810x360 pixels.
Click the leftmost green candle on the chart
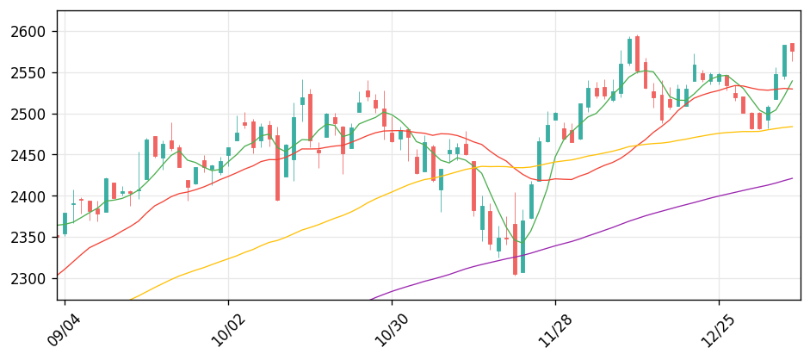pos(65,224)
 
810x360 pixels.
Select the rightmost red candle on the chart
pos(792,47)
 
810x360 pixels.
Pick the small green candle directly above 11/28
pos(555,116)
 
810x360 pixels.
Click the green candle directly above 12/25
pos(719,78)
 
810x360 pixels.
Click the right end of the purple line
pos(793,178)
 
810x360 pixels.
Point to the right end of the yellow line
pos(793,127)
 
